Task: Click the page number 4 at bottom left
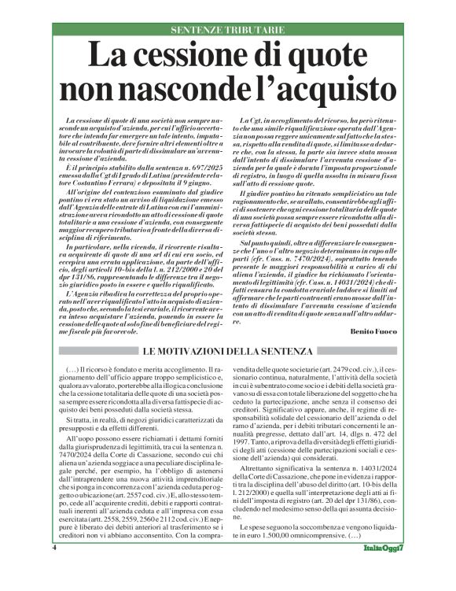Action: click(54, 569)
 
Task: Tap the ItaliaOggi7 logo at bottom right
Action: click(384, 570)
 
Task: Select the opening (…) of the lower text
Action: click(70, 368)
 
